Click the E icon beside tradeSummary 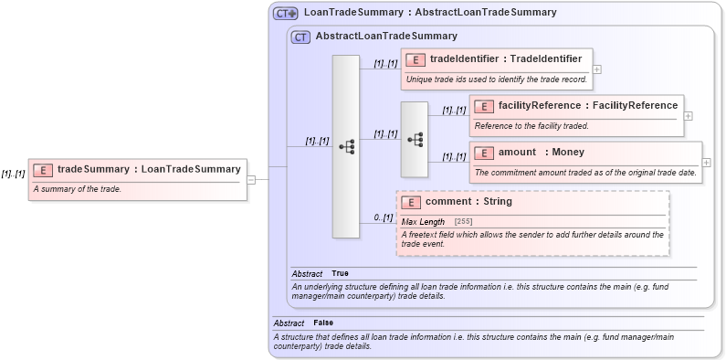[43, 169]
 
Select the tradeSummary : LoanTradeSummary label [149, 169]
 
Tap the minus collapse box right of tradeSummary [251, 180]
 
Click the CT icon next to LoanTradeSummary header [286, 14]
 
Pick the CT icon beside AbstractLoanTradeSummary [300, 37]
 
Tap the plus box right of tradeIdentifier [596, 69]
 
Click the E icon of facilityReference [485, 106]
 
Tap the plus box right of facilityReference [688, 116]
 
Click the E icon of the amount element [485, 152]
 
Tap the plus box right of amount [706, 162]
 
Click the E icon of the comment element [412, 202]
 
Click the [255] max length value [464, 222]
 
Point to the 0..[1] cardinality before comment [384, 217]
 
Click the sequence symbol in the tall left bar [346, 146]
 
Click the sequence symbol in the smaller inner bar [415, 139]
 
